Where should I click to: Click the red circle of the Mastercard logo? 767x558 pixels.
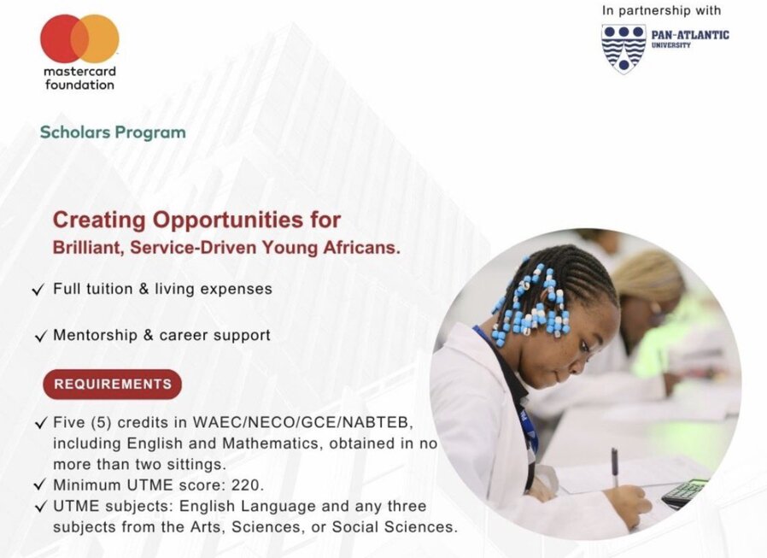[x=61, y=38]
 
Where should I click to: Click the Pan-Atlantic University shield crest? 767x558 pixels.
[x=624, y=49]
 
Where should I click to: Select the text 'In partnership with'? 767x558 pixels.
[x=661, y=10]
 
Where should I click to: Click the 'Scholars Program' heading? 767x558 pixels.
[x=113, y=132]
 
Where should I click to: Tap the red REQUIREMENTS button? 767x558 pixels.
[x=113, y=385]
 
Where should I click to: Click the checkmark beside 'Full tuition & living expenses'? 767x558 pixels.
[x=38, y=290]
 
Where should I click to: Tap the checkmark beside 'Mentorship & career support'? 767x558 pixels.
[x=41, y=337]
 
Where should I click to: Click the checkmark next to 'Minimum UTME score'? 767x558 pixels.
[x=39, y=485]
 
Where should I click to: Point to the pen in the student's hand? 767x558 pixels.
[x=614, y=467]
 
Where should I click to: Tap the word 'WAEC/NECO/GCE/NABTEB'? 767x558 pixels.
[x=302, y=422]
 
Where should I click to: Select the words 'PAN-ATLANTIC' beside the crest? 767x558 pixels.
[x=690, y=35]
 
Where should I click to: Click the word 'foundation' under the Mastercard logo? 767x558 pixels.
[x=79, y=85]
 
